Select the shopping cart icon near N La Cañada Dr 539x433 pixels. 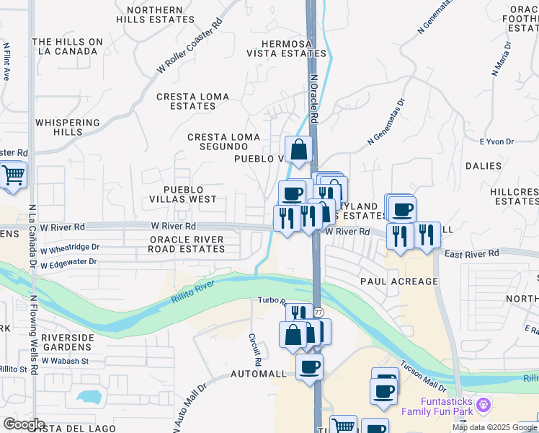click(12, 175)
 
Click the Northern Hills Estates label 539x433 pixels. click(154, 15)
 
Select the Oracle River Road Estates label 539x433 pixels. click(187, 244)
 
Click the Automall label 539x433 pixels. click(259, 375)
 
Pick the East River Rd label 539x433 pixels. click(471, 253)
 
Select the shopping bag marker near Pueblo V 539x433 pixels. click(298, 150)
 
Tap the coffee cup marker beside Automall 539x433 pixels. click(309, 367)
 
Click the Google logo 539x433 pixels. click(24, 424)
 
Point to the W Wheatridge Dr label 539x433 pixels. click(69, 247)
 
